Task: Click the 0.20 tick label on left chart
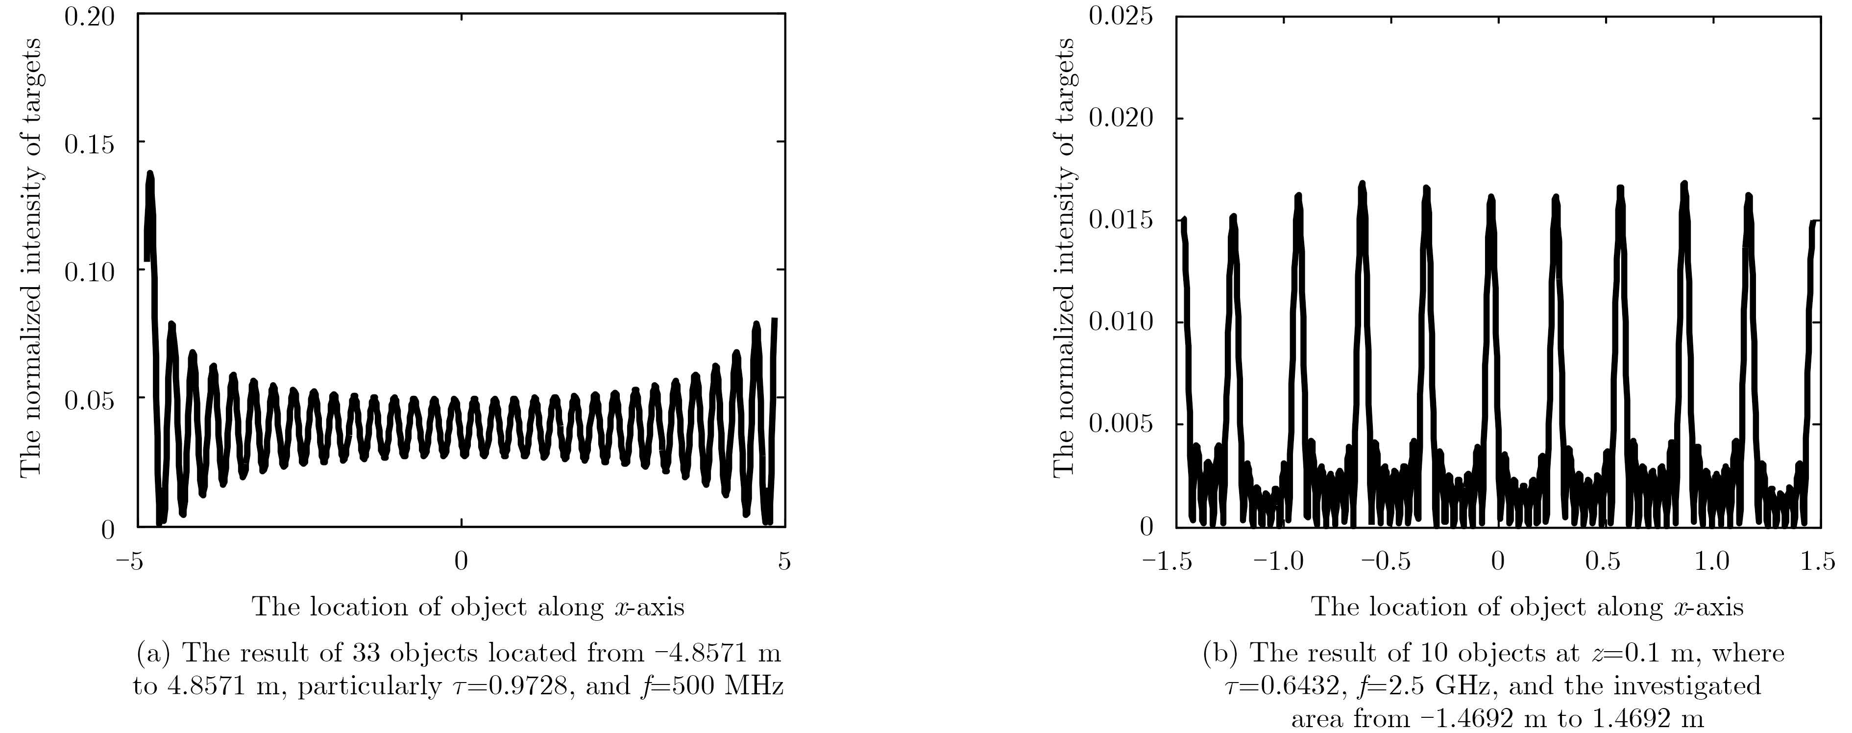(89, 16)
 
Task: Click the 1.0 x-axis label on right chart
(1712, 561)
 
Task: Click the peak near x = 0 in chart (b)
(1490, 198)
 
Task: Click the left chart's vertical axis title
(30, 257)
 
